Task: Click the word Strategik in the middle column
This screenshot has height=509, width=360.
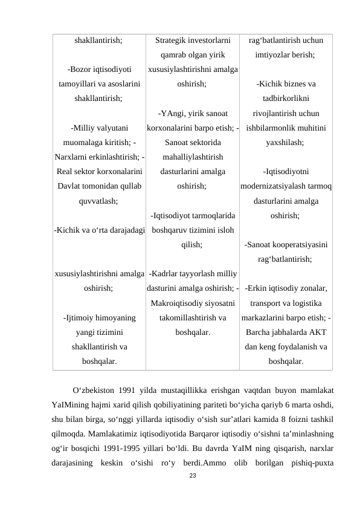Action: click(x=173, y=41)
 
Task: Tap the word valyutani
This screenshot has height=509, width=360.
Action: click(x=108, y=128)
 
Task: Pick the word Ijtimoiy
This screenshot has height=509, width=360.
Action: click(x=83, y=317)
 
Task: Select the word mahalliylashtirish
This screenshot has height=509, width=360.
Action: click(x=193, y=157)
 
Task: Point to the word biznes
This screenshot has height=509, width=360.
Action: click(x=286, y=84)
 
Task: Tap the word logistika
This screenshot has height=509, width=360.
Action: click(x=306, y=302)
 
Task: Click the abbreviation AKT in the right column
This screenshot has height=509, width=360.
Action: click(x=318, y=332)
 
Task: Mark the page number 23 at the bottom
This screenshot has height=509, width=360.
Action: click(x=193, y=477)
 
